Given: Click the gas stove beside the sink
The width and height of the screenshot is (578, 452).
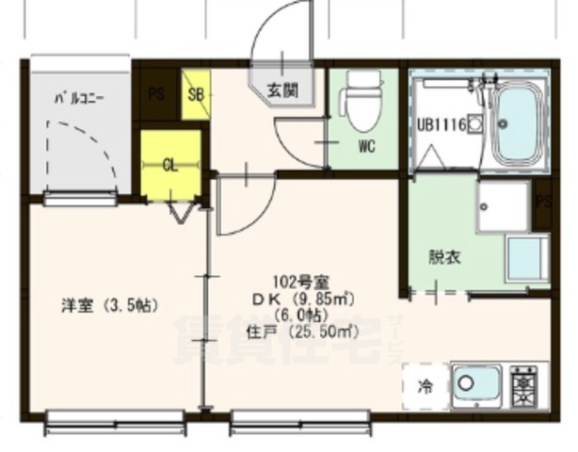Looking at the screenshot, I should [523, 385].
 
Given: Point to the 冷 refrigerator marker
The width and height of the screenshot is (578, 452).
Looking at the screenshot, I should [425, 386].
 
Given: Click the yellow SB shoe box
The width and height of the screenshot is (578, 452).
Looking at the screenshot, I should [196, 94].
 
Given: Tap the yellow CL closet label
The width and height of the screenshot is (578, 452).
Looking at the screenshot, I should [169, 166].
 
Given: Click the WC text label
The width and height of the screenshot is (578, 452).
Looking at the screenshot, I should [366, 147].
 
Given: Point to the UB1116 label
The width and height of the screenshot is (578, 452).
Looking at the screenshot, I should [442, 124].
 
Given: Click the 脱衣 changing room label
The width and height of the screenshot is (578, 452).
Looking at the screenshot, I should [444, 255].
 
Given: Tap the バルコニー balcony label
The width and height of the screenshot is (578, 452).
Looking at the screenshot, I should [79, 96].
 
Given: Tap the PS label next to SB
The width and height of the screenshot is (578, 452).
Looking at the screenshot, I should [155, 94].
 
